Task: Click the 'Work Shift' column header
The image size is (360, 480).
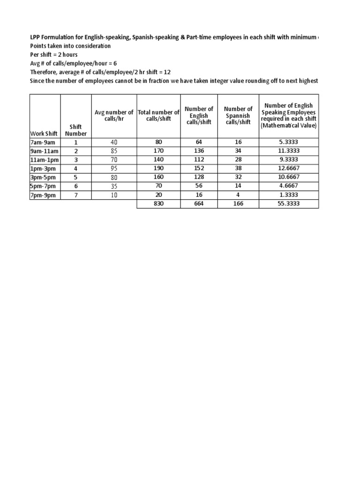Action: click(x=45, y=134)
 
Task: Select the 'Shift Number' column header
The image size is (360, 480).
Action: click(x=75, y=130)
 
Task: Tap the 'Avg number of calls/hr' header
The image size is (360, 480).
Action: click(x=114, y=115)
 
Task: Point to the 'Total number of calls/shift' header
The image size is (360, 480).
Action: click(x=158, y=115)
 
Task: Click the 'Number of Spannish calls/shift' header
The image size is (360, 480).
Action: click(x=238, y=115)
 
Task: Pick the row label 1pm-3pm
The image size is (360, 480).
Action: click(x=43, y=169)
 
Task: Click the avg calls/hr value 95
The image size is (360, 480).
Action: click(x=114, y=169)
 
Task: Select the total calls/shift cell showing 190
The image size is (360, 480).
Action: click(x=158, y=169)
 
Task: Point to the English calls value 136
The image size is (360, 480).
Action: click(x=199, y=151)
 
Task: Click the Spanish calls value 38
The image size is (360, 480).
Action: click(x=238, y=169)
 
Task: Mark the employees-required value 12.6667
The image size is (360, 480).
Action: click(x=289, y=169)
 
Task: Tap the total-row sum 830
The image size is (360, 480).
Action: click(x=158, y=204)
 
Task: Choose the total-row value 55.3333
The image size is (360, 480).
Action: click(x=289, y=204)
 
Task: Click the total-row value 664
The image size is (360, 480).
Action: click(x=199, y=204)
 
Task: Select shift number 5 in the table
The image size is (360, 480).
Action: click(x=75, y=178)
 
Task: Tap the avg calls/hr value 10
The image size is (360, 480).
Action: click(x=114, y=195)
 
